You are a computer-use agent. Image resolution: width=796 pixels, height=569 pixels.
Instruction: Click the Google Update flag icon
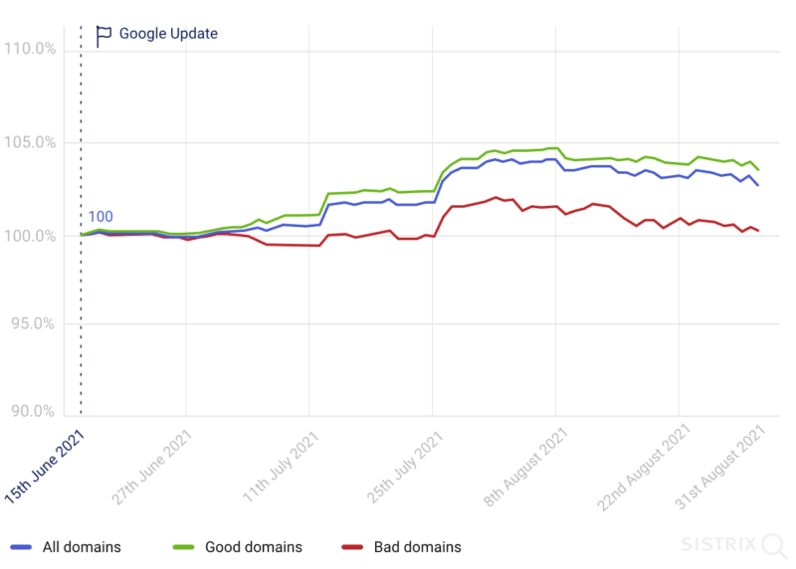(x=102, y=36)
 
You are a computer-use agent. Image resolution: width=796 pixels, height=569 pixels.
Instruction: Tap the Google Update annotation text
(x=168, y=34)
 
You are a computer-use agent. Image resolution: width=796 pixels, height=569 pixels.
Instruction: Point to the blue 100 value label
(x=99, y=217)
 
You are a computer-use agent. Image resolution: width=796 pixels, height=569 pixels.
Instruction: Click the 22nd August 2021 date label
(x=645, y=467)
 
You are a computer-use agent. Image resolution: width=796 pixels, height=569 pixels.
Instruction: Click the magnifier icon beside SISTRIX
(x=772, y=545)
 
